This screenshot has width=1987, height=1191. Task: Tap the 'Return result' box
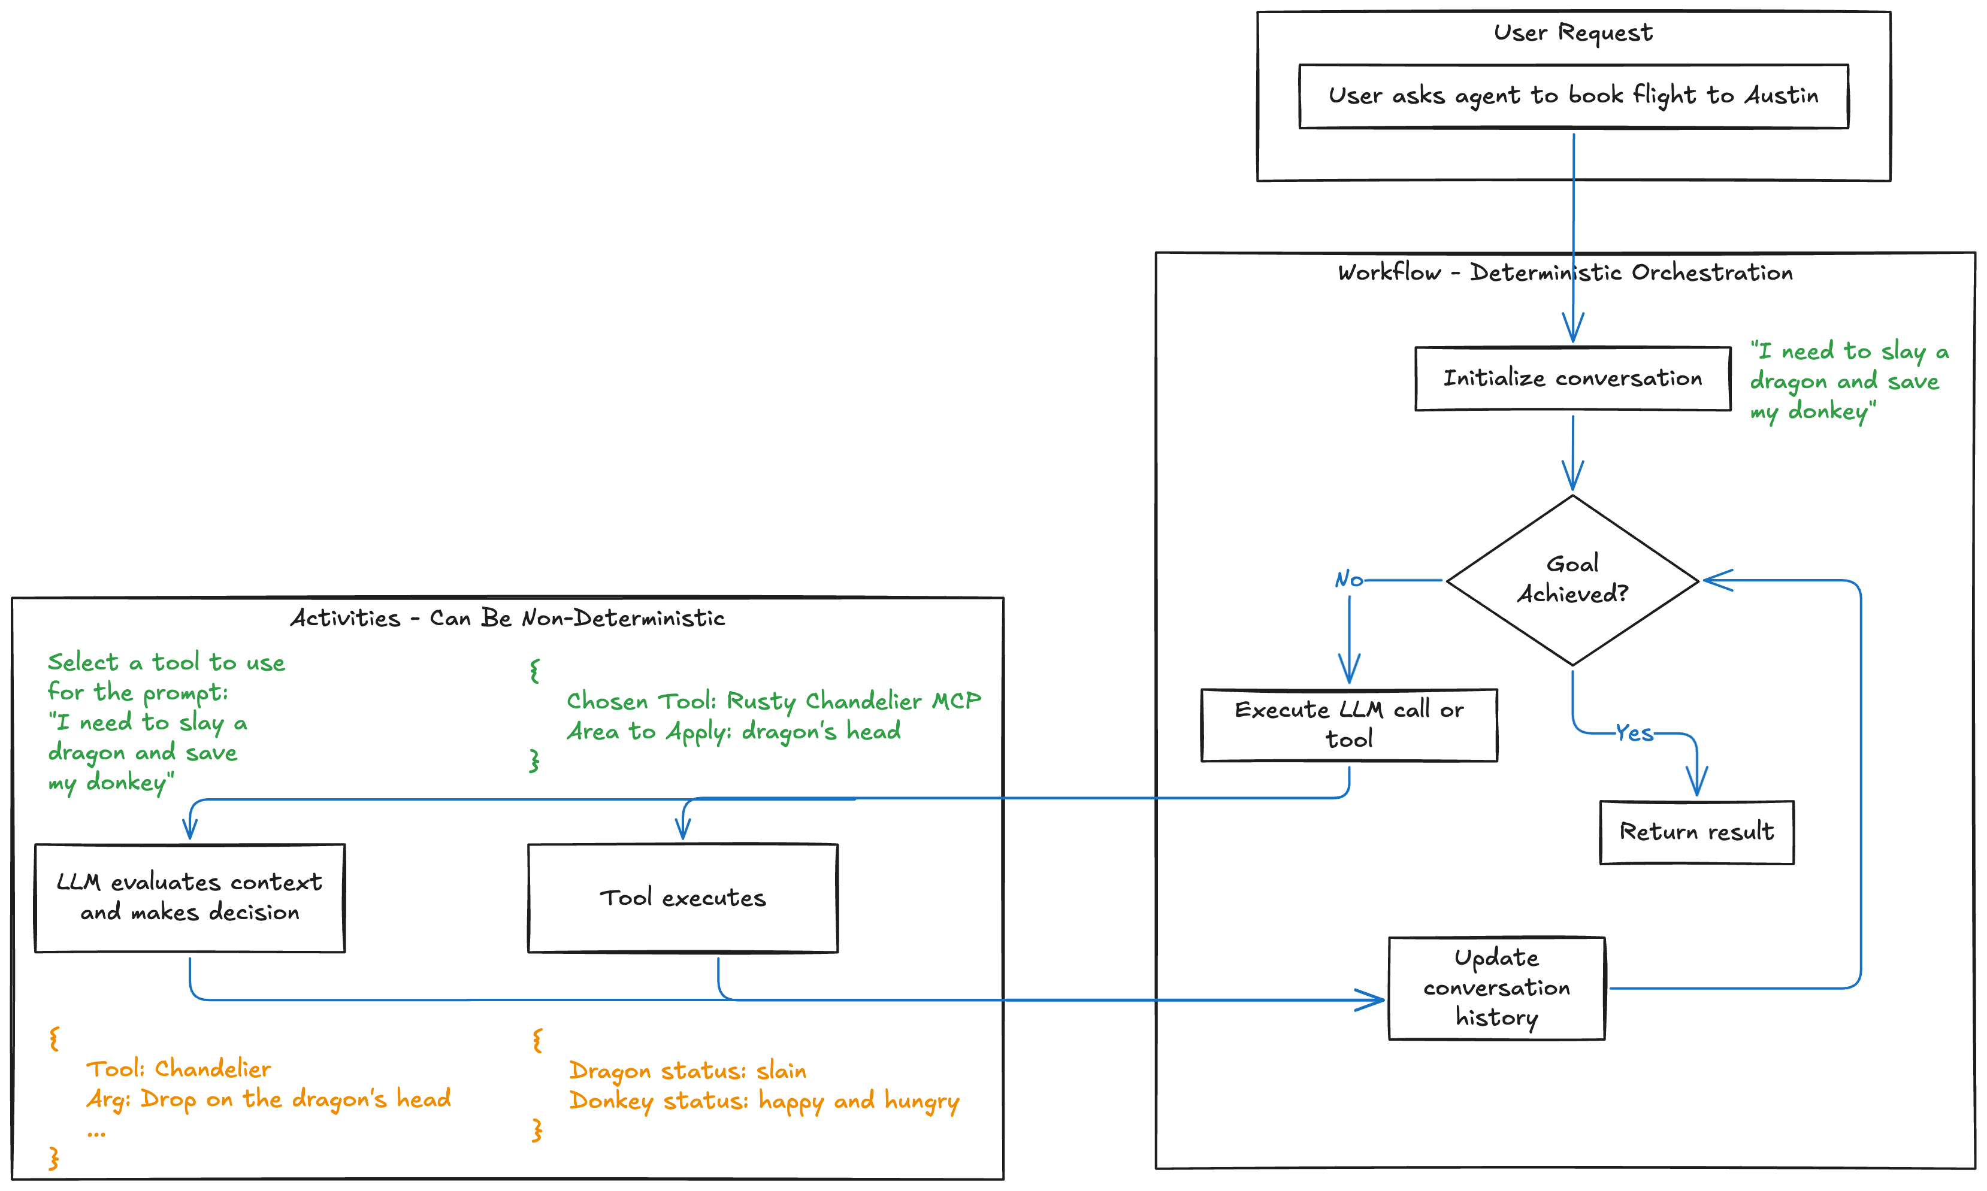point(1696,832)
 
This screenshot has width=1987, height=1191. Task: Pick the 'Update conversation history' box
point(1496,987)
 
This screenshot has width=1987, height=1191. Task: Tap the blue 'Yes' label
point(1633,733)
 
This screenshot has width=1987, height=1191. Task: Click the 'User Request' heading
point(1572,33)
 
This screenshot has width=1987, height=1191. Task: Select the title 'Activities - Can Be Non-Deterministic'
point(507,618)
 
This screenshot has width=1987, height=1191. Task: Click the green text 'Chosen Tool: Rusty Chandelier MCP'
point(773,701)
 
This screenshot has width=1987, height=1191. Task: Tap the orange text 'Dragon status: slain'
point(687,1071)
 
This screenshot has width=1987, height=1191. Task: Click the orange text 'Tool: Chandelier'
point(179,1069)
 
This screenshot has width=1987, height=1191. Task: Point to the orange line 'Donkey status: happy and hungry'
point(764,1101)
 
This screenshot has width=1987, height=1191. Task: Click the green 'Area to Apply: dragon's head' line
point(733,731)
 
